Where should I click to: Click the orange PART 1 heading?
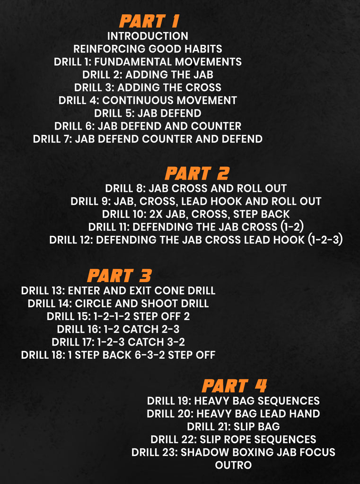(x=149, y=21)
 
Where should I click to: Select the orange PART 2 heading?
(x=197, y=174)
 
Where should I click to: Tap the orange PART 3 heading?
(x=119, y=276)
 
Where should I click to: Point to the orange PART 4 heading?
(x=234, y=386)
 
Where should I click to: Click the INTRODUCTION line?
(x=148, y=36)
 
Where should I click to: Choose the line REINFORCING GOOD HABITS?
(x=148, y=49)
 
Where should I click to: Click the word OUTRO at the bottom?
(x=233, y=465)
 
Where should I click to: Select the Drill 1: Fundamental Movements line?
(x=148, y=62)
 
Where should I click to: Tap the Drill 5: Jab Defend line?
(x=148, y=113)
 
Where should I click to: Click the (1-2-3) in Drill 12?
(x=325, y=240)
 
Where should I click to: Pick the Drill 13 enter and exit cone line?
(x=118, y=291)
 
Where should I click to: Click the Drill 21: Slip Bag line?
(x=233, y=426)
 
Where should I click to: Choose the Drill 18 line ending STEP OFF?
(x=118, y=355)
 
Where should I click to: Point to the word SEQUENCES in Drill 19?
(x=289, y=401)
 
